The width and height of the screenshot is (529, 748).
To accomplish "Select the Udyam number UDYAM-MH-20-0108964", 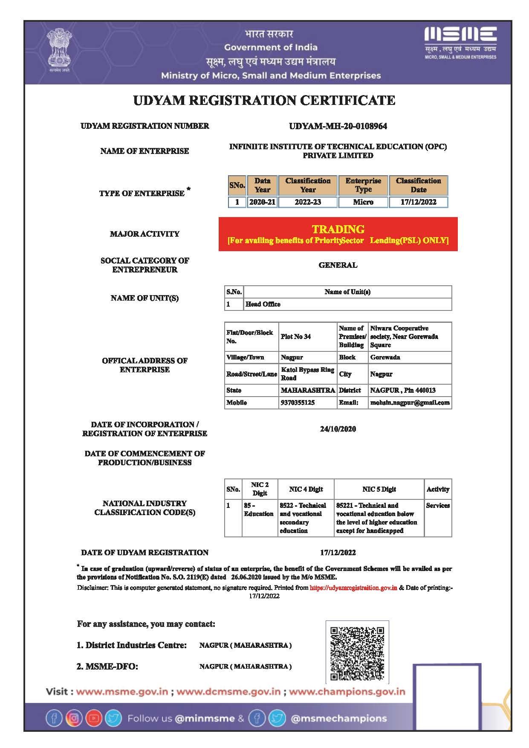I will pyautogui.click(x=338, y=126).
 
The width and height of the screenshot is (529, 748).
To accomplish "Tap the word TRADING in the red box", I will pyautogui.click(x=338, y=229).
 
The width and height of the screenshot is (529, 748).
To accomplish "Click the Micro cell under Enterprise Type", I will pyautogui.click(x=363, y=202).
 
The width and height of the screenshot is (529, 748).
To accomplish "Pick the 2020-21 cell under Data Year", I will pyautogui.click(x=262, y=202).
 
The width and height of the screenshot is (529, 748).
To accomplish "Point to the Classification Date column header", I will pyautogui.click(x=418, y=185).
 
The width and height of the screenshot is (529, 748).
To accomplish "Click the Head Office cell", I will pyautogui.click(x=263, y=304).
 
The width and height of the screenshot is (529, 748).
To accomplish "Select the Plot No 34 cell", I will pyautogui.click(x=296, y=336).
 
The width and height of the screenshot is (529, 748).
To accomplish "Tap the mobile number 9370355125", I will pyautogui.click(x=298, y=403).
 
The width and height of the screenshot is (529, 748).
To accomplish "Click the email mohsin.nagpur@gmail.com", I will pyautogui.click(x=410, y=403).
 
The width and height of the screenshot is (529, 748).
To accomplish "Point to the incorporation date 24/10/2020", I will pyautogui.click(x=338, y=429).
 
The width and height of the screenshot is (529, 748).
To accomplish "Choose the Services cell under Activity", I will pyautogui.click(x=438, y=505).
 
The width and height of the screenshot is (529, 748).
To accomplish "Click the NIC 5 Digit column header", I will pyautogui.click(x=379, y=489).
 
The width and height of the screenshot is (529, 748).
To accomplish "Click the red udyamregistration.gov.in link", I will pyautogui.click(x=353, y=588).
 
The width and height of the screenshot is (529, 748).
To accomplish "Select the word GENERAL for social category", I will pyautogui.click(x=338, y=265).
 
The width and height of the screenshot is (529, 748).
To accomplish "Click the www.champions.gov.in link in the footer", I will pyautogui.click(x=347, y=692).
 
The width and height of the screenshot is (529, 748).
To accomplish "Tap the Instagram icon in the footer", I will pyautogui.click(x=74, y=719).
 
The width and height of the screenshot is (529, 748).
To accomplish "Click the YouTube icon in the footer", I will pyautogui.click(x=94, y=719).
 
